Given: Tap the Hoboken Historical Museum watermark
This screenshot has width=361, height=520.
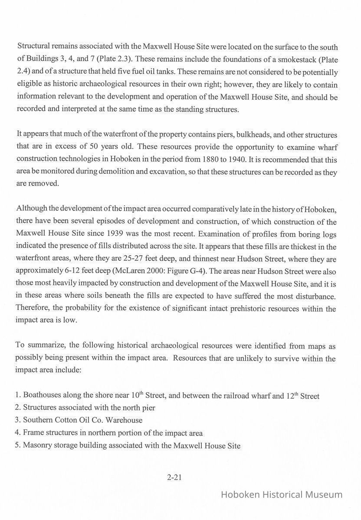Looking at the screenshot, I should [282, 494].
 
